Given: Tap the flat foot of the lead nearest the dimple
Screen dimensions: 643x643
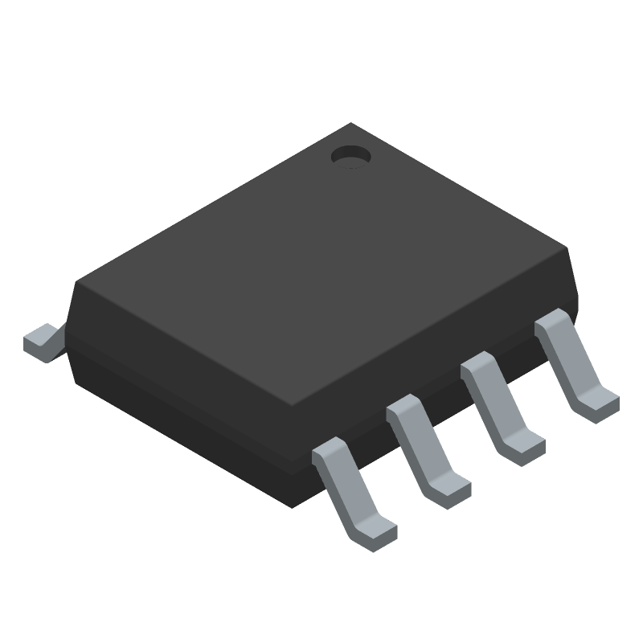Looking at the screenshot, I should pos(599,401).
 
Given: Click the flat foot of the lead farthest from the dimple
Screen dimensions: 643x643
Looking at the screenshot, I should pos(376,531).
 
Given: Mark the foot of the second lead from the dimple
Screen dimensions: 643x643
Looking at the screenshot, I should pos(525,444).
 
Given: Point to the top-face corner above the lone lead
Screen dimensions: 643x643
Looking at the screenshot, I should pos(76,281).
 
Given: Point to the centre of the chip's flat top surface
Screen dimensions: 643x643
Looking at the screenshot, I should pos(321,265).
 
